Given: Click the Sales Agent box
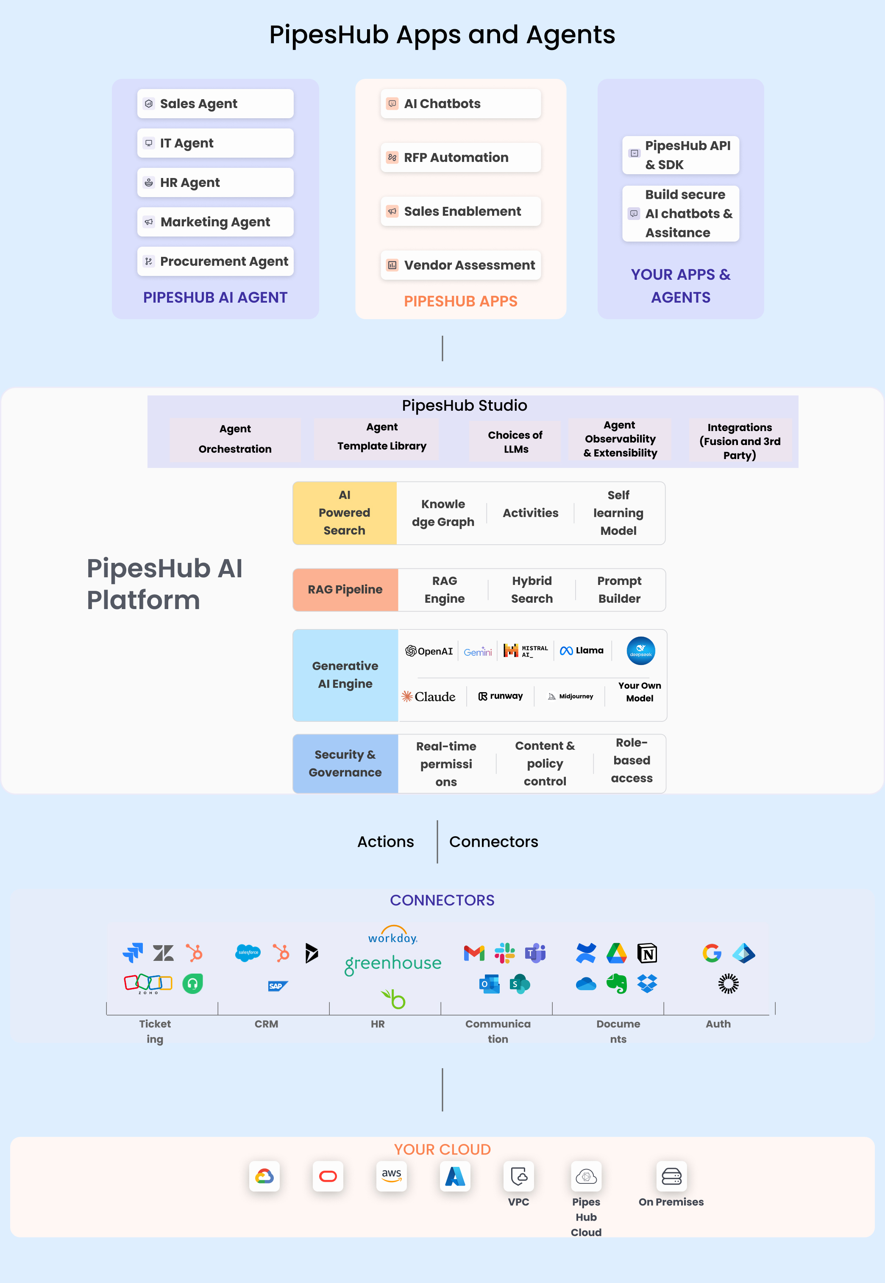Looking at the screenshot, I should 215,104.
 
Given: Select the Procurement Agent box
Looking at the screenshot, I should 215,261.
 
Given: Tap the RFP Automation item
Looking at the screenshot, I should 460,158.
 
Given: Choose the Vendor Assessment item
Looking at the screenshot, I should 460,265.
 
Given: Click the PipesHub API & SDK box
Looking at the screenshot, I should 680,155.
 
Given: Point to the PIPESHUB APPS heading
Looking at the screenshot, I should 460,301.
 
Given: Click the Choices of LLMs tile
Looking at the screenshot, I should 515,442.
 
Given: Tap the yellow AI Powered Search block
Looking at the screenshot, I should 344,513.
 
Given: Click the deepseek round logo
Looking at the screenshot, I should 640,650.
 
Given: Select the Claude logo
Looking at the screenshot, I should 429,696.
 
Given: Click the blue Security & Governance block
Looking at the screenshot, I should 345,763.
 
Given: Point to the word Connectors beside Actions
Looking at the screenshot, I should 493,842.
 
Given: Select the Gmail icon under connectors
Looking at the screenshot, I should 474,953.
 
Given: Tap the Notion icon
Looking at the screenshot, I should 647,953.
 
